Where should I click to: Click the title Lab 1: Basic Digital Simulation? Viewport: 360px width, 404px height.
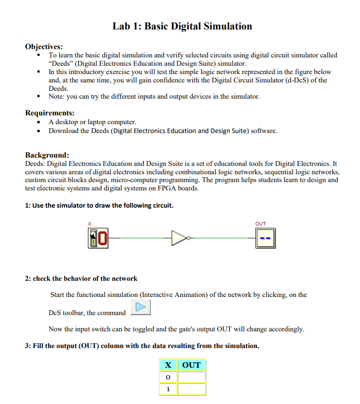pos(182,26)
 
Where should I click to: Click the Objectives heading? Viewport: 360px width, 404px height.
pos(44,47)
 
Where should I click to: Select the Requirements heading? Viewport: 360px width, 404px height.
pos(50,113)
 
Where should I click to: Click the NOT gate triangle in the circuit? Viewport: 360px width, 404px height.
pos(179,239)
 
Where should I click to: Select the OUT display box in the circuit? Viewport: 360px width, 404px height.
pos(266,239)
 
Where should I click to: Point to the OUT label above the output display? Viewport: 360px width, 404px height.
pos(261,224)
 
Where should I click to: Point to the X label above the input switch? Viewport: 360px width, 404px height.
pos(89,224)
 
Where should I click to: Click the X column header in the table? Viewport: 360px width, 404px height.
pos(168,365)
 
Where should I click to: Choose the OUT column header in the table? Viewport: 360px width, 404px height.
pos(191,365)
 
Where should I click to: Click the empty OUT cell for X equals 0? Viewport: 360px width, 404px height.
pos(191,377)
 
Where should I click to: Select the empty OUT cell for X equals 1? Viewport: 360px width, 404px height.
pos(191,389)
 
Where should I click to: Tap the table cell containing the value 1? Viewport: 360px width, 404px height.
pos(168,389)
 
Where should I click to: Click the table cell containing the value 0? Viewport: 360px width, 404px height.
pos(168,377)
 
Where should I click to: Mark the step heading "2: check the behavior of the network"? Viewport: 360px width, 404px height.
pos(81,278)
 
